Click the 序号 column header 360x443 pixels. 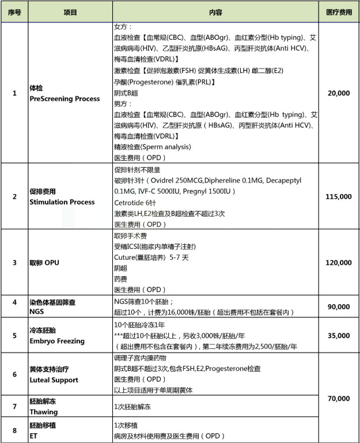[x=14, y=12]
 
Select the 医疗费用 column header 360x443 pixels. [x=339, y=12]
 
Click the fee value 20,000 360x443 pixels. [x=339, y=93]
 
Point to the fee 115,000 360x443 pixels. [x=339, y=196]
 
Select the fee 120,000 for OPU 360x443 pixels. [x=339, y=262]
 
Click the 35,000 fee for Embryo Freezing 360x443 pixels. [x=339, y=335]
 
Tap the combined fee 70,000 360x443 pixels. [x=339, y=398]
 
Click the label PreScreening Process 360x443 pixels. [x=64, y=99]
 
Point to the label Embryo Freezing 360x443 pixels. [x=56, y=341]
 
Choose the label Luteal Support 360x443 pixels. [x=54, y=380]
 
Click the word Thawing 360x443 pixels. [x=43, y=411]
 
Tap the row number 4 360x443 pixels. [x=14, y=302]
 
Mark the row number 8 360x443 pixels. [x=14, y=429]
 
